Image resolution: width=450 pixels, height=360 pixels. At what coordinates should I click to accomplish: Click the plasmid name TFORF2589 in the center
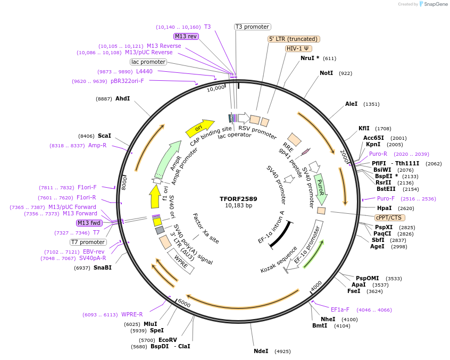[x=238, y=199]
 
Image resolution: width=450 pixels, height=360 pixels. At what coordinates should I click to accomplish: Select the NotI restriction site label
[x=326, y=73]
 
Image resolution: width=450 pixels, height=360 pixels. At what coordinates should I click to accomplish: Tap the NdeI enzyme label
[x=261, y=351]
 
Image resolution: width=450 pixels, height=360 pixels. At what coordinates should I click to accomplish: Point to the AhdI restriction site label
[x=122, y=98]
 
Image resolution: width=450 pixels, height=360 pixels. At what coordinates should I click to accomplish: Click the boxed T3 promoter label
[x=253, y=27]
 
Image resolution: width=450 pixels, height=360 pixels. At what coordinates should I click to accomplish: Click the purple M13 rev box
[x=186, y=36]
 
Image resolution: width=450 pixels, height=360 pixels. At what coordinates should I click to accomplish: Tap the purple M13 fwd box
[x=89, y=223]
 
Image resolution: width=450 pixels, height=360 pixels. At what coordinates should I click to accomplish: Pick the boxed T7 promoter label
[x=88, y=242]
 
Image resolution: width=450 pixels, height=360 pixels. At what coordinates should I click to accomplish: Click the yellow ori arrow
[x=198, y=129]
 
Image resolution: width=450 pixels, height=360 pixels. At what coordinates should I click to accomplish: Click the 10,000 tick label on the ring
[x=215, y=88]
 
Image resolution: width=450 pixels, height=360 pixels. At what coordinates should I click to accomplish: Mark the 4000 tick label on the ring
[x=316, y=286]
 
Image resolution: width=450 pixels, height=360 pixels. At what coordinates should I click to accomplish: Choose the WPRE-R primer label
[x=132, y=314]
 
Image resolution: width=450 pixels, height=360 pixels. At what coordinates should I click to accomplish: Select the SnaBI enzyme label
[x=103, y=267]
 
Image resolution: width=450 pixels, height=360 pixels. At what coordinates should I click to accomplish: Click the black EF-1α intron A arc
[x=279, y=234]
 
